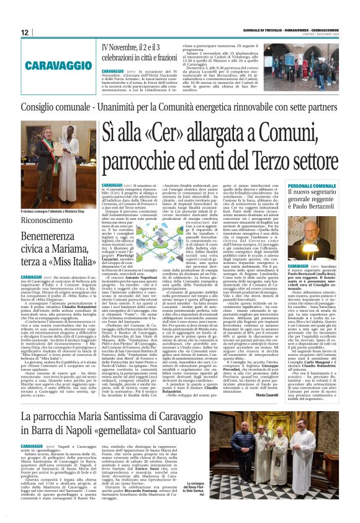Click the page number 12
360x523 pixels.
[x=25, y=32]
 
